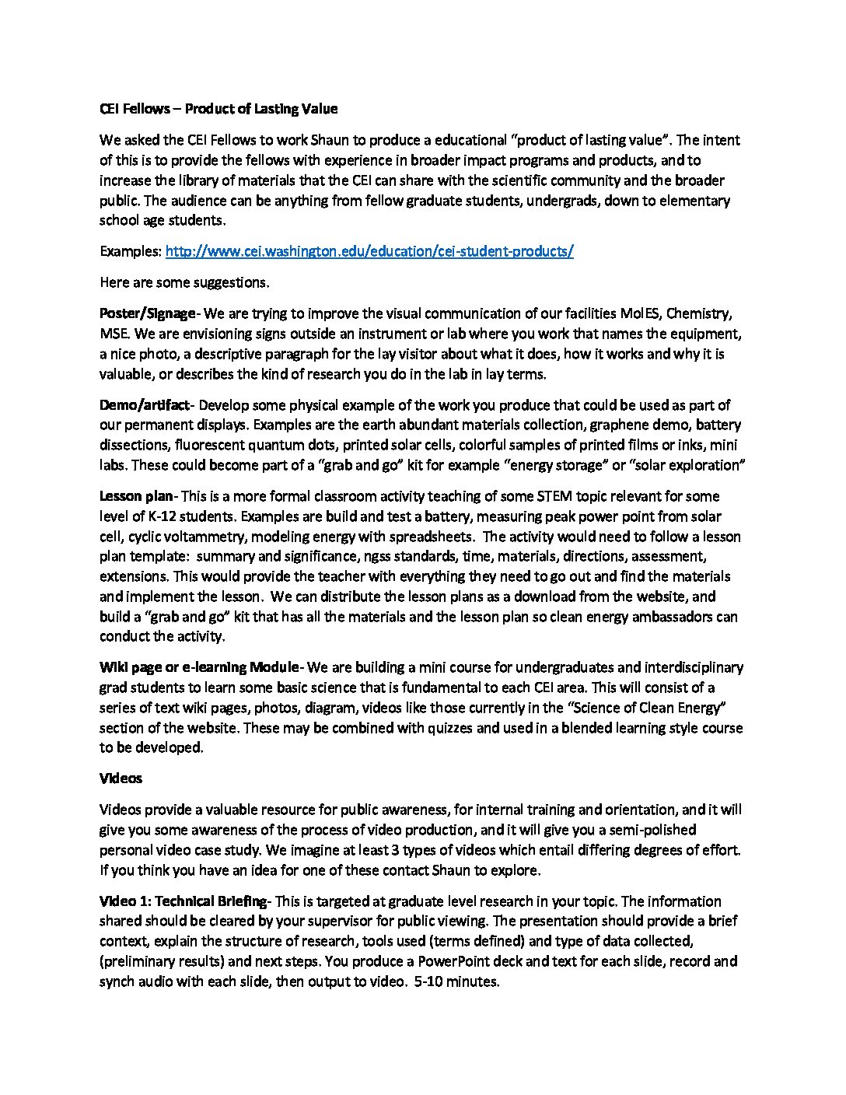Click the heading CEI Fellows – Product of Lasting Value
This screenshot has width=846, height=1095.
(218, 109)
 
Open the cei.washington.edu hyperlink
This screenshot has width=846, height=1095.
(369, 251)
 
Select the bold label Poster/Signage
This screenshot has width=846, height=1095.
(148, 313)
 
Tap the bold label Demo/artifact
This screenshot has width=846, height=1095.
(144, 405)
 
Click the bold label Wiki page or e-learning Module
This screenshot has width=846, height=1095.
(199, 667)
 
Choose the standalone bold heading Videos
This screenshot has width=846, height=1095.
(121, 778)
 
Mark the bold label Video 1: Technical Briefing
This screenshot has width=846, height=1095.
(183, 901)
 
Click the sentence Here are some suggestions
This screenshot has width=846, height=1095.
(184, 282)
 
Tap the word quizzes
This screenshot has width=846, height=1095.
(500, 728)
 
